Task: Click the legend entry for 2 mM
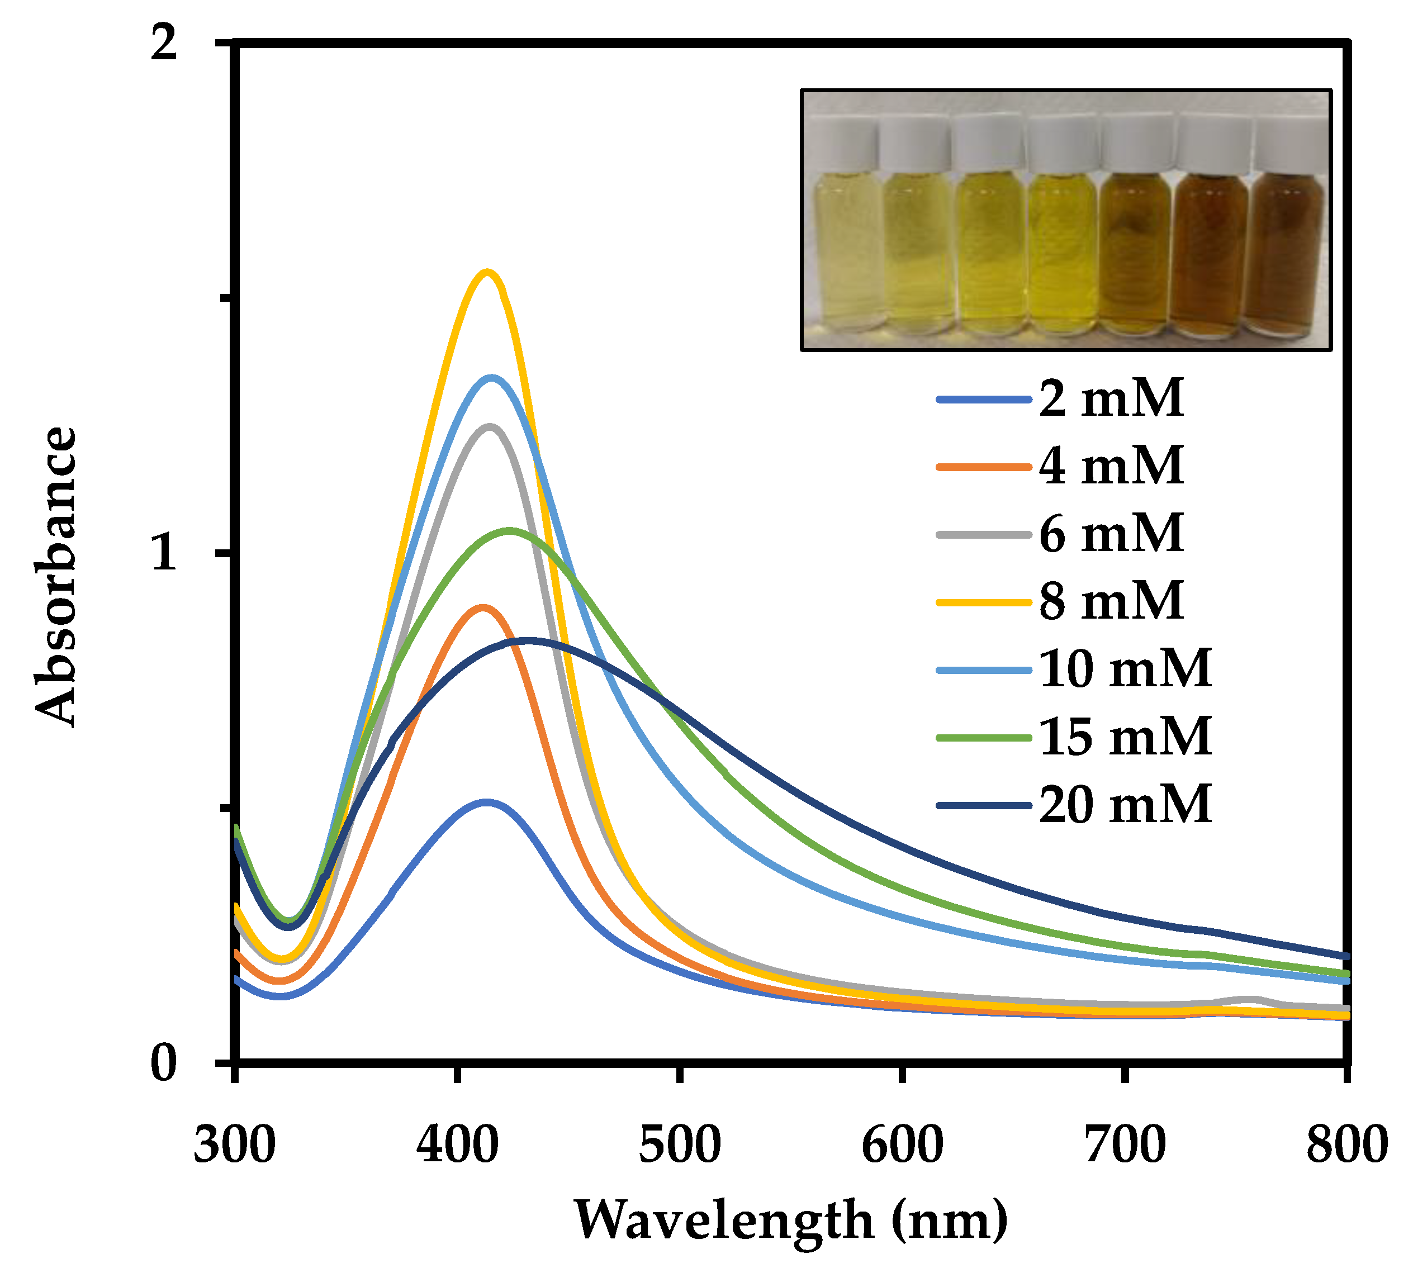tap(1111, 398)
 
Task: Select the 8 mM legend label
tap(1111, 601)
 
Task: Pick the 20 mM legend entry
tap(1125, 805)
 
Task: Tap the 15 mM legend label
tap(1125, 737)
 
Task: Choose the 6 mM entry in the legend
tap(1111, 534)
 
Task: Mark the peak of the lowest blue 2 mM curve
tap(486, 802)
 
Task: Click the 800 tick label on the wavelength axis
tap(1346, 1146)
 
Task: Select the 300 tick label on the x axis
tap(235, 1146)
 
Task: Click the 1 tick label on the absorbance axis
tap(164, 554)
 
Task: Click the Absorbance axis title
tap(56, 577)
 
